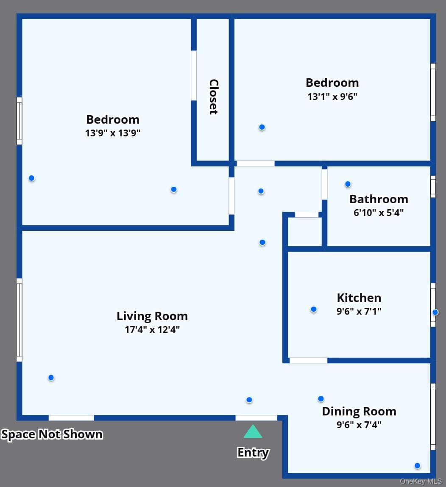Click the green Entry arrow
pos(253,432)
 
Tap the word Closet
pos(214,97)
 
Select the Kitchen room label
pos(359,298)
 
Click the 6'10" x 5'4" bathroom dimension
pos(379,213)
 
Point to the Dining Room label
pos(359,411)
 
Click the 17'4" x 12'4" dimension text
pos(152,329)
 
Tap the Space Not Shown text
pos(52,434)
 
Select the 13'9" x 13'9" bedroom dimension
pos(113,133)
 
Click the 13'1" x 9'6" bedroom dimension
pos(332,96)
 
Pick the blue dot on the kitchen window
pos(435,312)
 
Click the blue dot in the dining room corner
pos(418,465)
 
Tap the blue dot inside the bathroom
pos(348,184)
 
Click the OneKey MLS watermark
pos(421,481)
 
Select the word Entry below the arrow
pos(253,453)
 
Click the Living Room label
pos(152,316)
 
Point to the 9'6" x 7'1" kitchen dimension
pos(359,311)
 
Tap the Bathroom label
pos(379,199)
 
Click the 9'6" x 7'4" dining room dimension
pos(359,425)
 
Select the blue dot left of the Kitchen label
pos(313,309)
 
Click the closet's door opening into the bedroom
pos(194,75)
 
